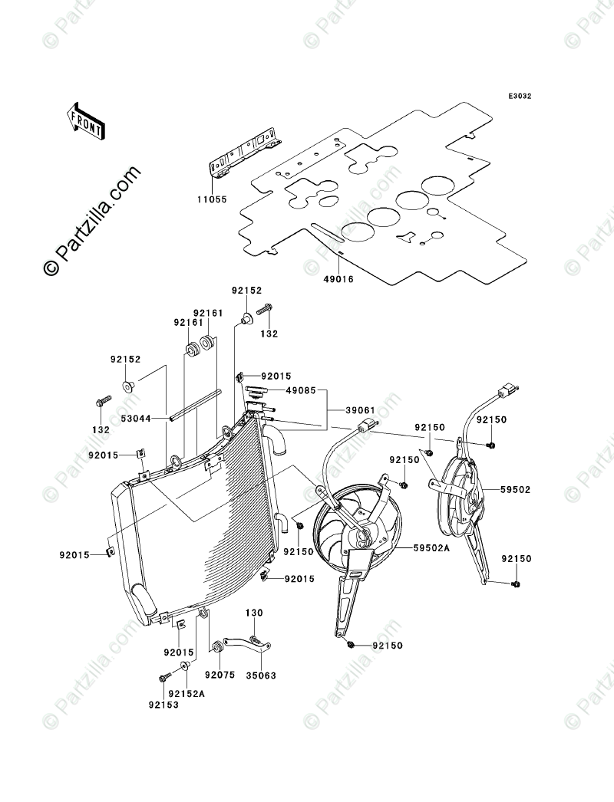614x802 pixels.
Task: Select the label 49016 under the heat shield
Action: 338,279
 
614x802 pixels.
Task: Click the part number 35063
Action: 261,676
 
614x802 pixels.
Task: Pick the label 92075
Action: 219,676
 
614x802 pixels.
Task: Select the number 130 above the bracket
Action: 254,613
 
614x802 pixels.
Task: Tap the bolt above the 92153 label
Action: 164,678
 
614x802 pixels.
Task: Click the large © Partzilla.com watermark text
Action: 92,222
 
